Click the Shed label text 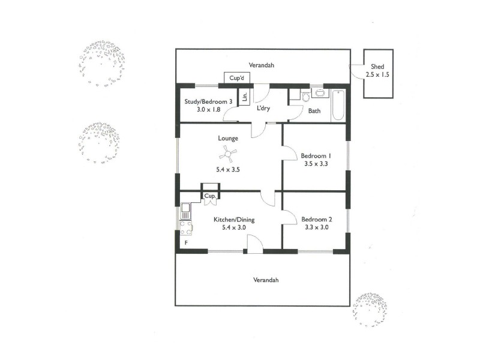377,67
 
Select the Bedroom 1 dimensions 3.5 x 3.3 316,163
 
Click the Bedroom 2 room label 316,219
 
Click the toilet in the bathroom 306,97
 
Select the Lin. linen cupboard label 245,98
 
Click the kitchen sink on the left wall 185,211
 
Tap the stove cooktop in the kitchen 185,227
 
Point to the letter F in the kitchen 185,243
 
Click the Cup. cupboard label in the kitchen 210,196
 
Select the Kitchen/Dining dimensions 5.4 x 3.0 234,228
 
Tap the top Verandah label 262,65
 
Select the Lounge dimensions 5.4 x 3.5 228,170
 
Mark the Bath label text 314,111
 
